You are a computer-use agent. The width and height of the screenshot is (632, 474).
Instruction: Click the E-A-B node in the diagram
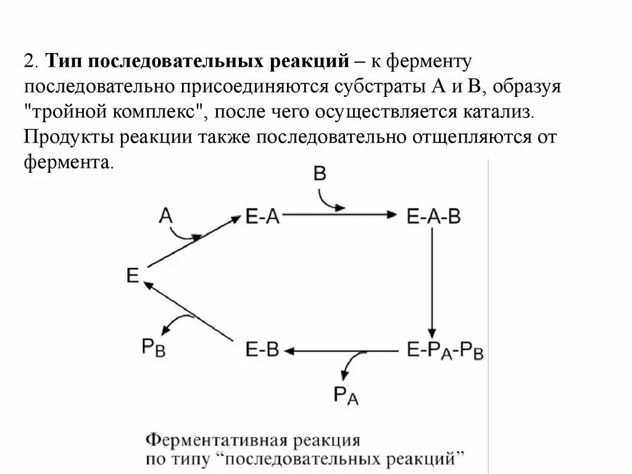click(434, 217)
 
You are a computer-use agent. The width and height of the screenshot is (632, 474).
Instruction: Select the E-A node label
click(262, 217)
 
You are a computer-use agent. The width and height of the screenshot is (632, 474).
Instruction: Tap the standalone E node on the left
click(133, 275)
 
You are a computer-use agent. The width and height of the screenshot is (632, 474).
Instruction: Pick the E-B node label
click(262, 351)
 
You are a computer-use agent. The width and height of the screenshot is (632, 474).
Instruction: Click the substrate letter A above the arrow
click(165, 215)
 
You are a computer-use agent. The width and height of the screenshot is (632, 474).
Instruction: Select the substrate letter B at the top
click(320, 173)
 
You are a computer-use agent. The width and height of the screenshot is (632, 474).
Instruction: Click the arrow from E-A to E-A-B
click(339, 215)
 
